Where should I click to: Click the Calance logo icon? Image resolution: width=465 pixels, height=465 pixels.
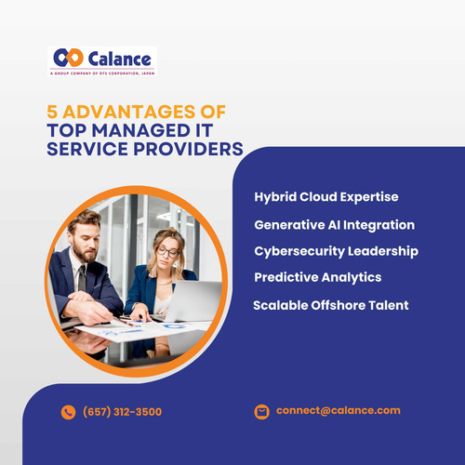(x=67, y=58)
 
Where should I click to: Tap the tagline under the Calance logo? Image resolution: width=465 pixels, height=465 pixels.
(x=102, y=73)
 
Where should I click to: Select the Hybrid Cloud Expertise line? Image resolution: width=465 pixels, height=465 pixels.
(x=325, y=197)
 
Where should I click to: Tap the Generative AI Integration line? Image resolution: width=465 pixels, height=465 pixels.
(x=334, y=225)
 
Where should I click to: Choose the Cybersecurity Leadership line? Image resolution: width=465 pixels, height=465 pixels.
(x=336, y=251)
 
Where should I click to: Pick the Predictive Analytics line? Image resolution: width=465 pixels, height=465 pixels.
(x=317, y=277)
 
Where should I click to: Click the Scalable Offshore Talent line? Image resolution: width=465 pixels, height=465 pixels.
(x=330, y=305)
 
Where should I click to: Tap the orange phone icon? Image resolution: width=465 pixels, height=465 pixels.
(x=68, y=412)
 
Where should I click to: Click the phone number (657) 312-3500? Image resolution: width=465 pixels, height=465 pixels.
(x=122, y=412)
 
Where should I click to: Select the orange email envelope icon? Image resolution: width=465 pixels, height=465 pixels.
(x=261, y=411)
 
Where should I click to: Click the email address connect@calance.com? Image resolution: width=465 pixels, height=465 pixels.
(x=338, y=410)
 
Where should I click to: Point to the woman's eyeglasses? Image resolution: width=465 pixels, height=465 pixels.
(x=167, y=251)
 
